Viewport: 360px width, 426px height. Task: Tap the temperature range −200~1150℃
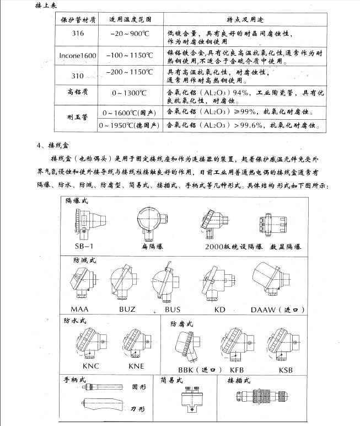(131, 72)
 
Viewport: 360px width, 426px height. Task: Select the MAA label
(80, 309)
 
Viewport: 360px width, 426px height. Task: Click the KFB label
(237, 369)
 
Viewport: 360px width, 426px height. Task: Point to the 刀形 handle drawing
(104, 407)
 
